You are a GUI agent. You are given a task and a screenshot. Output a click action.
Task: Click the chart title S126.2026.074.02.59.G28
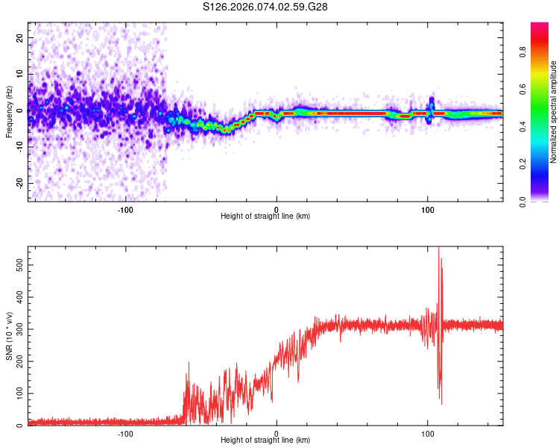(265, 7)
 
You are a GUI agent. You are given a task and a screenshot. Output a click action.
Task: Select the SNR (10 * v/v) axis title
(9, 335)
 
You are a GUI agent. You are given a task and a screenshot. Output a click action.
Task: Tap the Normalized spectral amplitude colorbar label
(554, 112)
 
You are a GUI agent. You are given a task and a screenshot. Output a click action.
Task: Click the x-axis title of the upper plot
(265, 216)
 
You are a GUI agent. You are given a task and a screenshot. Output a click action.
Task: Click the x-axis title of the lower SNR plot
(265, 440)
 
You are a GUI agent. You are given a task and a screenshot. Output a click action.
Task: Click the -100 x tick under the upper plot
(125, 208)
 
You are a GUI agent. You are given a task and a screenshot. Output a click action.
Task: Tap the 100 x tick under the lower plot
(428, 432)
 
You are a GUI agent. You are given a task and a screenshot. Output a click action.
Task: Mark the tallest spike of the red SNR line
(438, 248)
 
